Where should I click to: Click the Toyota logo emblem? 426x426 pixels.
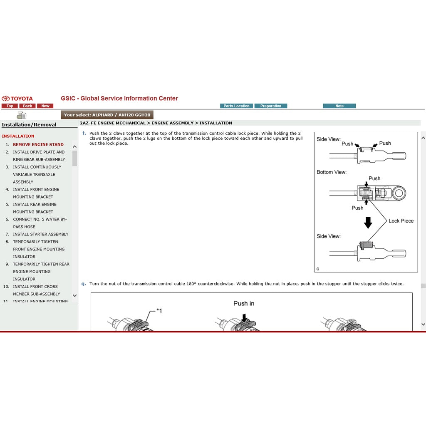pyautogui.click(x=5, y=99)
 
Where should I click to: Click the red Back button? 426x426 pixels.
pyautogui.click(x=27, y=106)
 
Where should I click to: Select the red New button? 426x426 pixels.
pyautogui.click(x=45, y=106)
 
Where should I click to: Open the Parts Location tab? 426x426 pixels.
pyautogui.click(x=236, y=106)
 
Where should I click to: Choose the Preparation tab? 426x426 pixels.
pyautogui.click(x=271, y=106)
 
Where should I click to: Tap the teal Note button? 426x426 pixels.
pyautogui.click(x=339, y=106)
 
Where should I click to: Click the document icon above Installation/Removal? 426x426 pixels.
pyautogui.click(x=21, y=115)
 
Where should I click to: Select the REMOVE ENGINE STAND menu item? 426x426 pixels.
pyautogui.click(x=38, y=144)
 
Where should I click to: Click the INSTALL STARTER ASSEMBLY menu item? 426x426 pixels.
pyautogui.click(x=40, y=234)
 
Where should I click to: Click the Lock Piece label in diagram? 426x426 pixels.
pyautogui.click(x=401, y=221)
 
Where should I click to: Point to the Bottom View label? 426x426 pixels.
pyautogui.click(x=331, y=172)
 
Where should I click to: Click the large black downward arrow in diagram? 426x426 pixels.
pyautogui.click(x=368, y=223)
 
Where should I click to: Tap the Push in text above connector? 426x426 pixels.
pyautogui.click(x=244, y=304)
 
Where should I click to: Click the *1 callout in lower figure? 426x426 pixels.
pyautogui.click(x=159, y=310)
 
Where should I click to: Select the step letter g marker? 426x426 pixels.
pyautogui.click(x=84, y=284)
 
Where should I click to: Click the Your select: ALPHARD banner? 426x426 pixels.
pyautogui.click(x=107, y=115)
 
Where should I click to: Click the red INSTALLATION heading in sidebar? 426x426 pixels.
pyautogui.click(x=18, y=136)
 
